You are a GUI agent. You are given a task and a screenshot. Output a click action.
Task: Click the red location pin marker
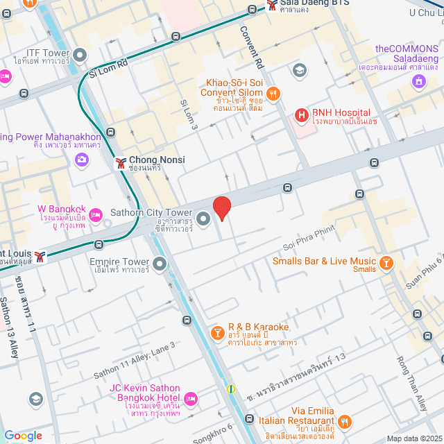point(221,207)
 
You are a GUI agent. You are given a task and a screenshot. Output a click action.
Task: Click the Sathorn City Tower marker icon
point(203,219)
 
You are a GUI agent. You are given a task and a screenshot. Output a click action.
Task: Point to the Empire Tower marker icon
point(160,264)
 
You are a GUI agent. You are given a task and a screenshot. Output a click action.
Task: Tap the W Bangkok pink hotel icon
point(96,216)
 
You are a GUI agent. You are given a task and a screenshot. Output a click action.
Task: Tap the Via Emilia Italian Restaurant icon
point(345,420)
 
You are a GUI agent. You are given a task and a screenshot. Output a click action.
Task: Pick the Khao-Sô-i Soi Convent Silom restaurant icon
point(274,92)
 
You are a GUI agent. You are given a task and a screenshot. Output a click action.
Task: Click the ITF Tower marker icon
point(80,55)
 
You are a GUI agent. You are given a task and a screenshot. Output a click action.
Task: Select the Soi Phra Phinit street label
point(309,238)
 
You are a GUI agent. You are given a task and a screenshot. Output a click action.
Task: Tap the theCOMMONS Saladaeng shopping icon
point(418,83)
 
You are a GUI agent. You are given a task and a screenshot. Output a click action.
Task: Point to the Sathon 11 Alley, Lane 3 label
point(135,359)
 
